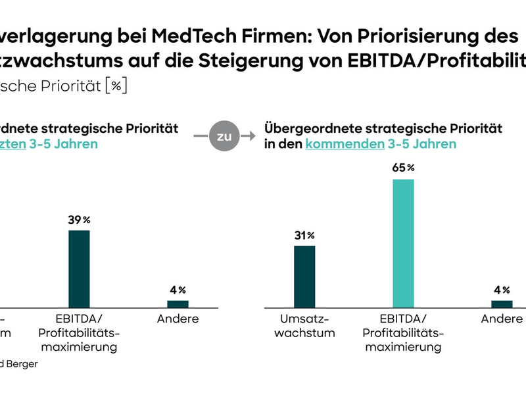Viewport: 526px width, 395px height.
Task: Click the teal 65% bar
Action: click(x=403, y=243)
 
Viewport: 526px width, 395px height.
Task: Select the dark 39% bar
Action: click(x=79, y=269)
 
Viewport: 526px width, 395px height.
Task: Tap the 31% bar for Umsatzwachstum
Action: click(x=304, y=276)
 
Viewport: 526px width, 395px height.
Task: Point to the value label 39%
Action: click(x=79, y=220)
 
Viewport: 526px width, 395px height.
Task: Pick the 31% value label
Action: click(x=304, y=236)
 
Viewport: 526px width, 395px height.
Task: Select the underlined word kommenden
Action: click(x=344, y=144)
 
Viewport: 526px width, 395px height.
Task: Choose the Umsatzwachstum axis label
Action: click(x=304, y=326)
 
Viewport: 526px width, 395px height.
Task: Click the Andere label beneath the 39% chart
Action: click(x=178, y=319)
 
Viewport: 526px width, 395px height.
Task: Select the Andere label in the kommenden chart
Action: click(x=501, y=319)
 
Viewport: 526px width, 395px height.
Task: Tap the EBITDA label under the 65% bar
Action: click(x=402, y=319)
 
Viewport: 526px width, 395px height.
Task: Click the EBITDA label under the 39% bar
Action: click(x=79, y=319)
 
